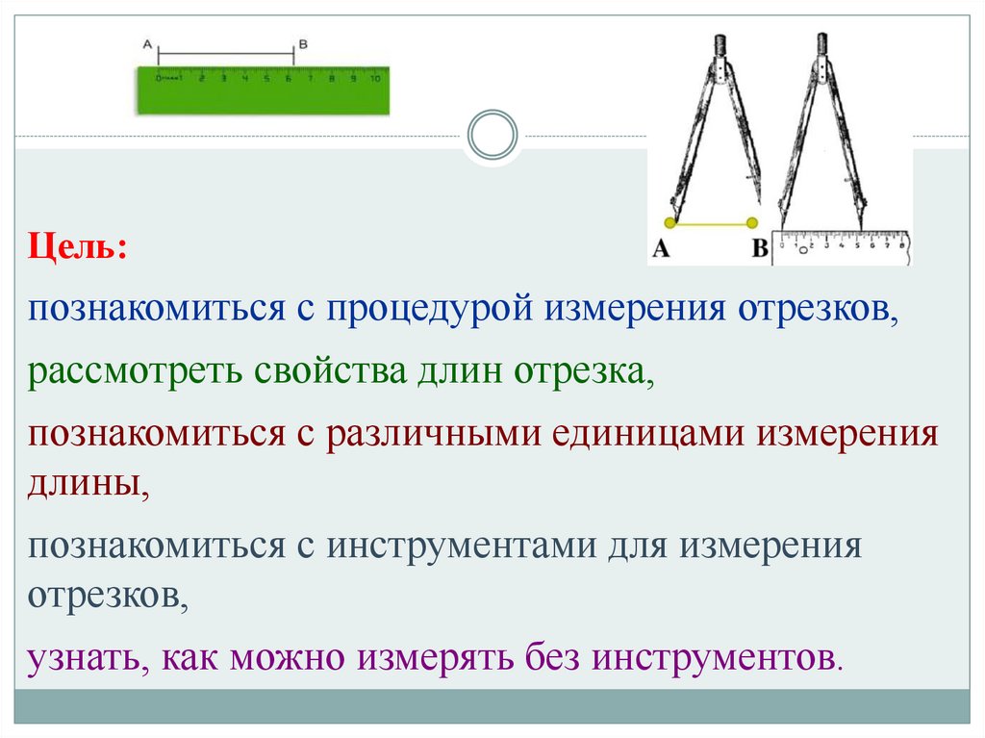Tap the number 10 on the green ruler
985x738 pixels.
(377, 79)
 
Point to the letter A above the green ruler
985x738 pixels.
(147, 43)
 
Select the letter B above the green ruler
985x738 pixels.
(303, 43)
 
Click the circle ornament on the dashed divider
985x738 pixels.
(492, 135)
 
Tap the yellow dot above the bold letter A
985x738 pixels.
(670, 223)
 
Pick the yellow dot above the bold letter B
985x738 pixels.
(753, 223)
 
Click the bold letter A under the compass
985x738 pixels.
(662, 249)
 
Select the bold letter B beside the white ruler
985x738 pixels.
(759, 249)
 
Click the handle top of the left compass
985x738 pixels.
(719, 44)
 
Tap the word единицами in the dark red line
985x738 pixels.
(649, 433)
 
